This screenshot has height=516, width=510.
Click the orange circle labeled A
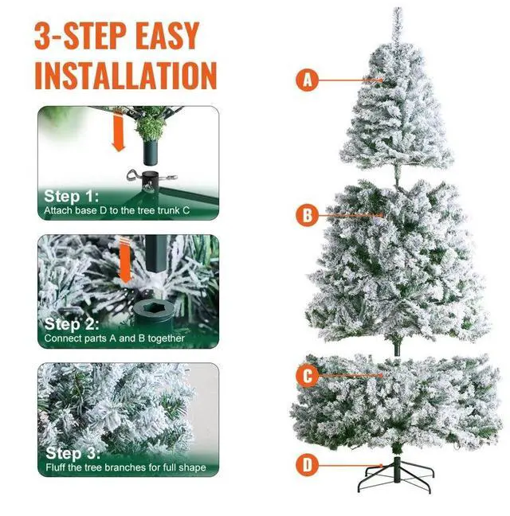[x=307, y=80]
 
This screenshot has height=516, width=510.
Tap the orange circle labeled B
[x=307, y=215]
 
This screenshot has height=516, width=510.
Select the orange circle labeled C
[x=307, y=376]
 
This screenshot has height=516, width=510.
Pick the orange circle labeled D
[x=307, y=465]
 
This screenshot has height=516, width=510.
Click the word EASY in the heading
[x=167, y=36]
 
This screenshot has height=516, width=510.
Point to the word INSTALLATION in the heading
[x=126, y=76]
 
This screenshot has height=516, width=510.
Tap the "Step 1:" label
[x=72, y=196]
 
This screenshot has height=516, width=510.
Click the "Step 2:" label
[x=72, y=324]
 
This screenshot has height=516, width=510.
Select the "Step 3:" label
[x=73, y=453]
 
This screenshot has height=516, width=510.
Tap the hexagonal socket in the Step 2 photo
[x=154, y=309]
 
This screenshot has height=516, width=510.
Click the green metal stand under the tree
[x=396, y=474]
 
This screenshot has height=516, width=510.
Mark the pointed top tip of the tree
[x=398, y=8]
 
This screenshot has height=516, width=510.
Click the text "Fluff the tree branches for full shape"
[x=126, y=467]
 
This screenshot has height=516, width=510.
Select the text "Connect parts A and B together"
[x=114, y=338]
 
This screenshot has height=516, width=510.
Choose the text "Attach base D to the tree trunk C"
[x=117, y=210]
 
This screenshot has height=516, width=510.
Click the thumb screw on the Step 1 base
[x=133, y=174]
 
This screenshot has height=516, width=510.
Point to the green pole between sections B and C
[x=398, y=348]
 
